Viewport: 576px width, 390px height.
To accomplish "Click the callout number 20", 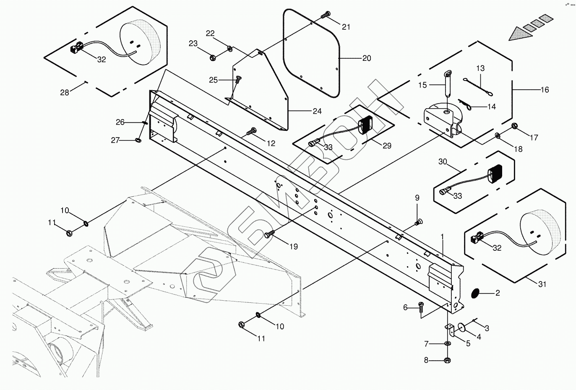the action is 367,58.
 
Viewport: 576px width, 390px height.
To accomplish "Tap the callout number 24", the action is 317,111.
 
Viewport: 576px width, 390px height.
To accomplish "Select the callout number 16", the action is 545,90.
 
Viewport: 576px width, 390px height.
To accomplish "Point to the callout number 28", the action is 65,93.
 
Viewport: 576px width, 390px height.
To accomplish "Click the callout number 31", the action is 542,284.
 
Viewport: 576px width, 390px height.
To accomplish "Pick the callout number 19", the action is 294,247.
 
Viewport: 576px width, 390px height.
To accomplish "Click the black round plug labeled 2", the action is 475,293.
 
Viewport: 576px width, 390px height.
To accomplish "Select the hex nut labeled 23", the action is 213,57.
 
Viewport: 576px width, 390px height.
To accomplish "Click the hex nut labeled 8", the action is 448,360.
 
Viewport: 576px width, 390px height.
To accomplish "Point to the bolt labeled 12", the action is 251,131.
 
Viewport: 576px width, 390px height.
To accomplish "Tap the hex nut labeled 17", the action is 514,126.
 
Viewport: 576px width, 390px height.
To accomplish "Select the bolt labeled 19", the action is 269,234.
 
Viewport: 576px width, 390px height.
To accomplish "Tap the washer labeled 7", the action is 448,343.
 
